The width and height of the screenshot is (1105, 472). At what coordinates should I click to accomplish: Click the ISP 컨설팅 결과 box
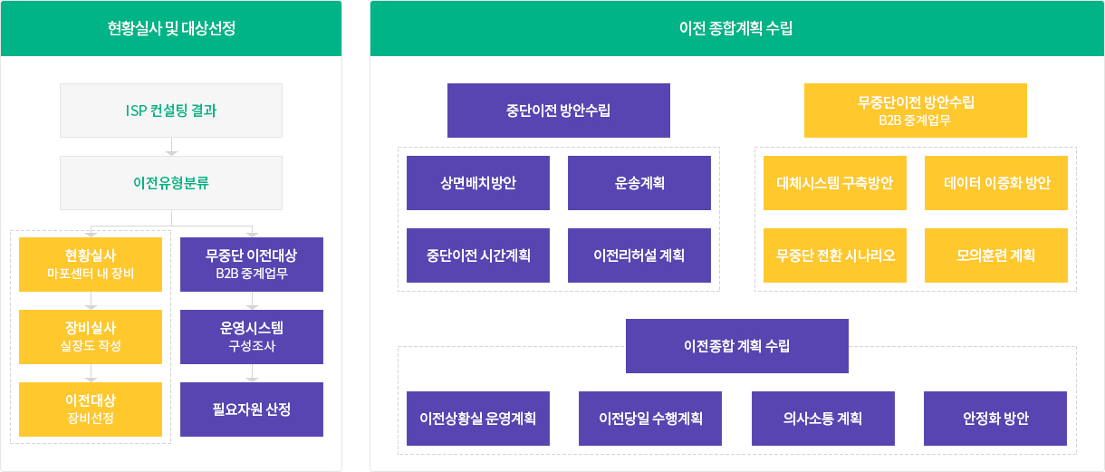tap(171, 111)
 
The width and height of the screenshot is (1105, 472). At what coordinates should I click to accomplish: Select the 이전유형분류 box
tap(171, 183)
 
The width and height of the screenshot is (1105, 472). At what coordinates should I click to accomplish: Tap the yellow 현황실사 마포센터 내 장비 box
tap(91, 265)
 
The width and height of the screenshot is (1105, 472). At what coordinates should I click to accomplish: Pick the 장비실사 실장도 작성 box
tap(91, 337)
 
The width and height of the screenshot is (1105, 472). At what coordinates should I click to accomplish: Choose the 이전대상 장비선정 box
tap(91, 409)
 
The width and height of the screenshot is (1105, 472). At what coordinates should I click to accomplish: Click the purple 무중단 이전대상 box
tap(252, 265)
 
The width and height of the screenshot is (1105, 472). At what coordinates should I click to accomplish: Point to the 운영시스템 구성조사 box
tap(252, 337)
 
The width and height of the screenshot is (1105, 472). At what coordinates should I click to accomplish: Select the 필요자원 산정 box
tap(252, 409)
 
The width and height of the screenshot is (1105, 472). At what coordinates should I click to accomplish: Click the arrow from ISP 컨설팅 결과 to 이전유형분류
tap(171, 147)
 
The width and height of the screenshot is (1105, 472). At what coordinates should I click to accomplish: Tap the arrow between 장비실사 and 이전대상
tap(91, 373)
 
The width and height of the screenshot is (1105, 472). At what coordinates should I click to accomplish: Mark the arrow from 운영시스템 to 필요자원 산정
tap(252, 373)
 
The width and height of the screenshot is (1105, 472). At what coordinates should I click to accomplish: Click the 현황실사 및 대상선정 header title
tap(171, 28)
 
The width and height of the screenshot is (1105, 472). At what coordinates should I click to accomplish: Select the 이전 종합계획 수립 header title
tap(736, 28)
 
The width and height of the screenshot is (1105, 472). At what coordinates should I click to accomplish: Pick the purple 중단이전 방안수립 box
tap(559, 111)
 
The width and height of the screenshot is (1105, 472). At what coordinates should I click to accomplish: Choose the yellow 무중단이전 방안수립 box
tap(916, 111)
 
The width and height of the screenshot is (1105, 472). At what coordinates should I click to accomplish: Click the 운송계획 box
tap(639, 183)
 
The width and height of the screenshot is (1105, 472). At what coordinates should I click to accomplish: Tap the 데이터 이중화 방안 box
tap(996, 183)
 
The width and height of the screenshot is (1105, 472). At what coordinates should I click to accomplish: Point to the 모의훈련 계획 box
tap(996, 255)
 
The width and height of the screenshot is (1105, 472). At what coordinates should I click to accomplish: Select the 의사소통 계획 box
tap(822, 419)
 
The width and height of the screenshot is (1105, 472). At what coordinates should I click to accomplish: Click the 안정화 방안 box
tap(995, 419)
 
